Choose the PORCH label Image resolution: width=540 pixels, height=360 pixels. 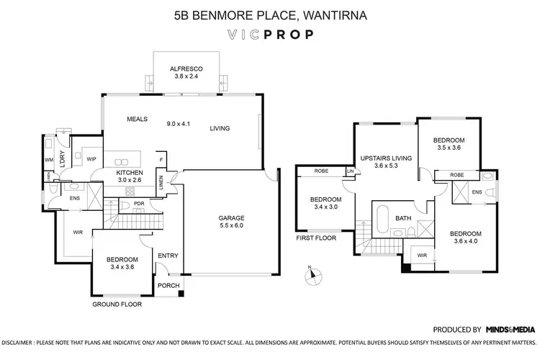pos(170,286)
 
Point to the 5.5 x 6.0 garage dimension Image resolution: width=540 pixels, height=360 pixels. pos(232,225)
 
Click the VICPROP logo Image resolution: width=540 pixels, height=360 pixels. pos(270,34)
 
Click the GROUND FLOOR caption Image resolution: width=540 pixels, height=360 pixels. pos(117,305)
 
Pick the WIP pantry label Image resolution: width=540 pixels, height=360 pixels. pos(91,158)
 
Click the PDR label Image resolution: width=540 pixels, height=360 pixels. pos(140,204)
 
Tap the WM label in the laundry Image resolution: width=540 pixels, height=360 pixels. pos(49,159)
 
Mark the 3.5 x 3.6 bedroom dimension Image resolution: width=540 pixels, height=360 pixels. pos(449,148)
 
